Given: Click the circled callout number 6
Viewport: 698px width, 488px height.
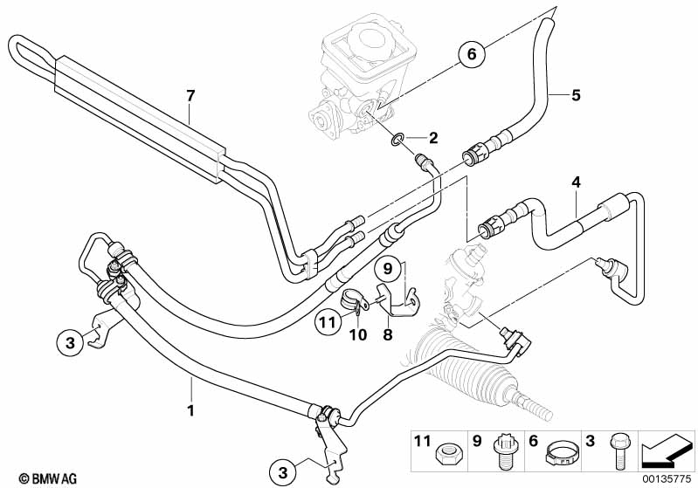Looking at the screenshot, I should pyautogui.click(x=471, y=55).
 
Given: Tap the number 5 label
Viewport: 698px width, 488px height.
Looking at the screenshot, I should pyautogui.click(x=576, y=94).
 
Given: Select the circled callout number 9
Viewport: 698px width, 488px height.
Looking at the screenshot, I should pyautogui.click(x=390, y=267).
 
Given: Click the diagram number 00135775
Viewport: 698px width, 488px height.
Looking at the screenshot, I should pyautogui.click(x=667, y=478).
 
